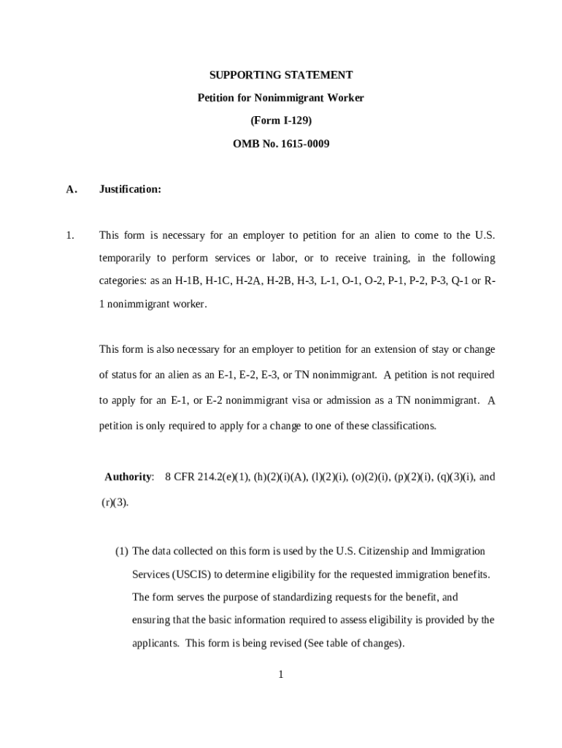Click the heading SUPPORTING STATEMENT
(281, 75)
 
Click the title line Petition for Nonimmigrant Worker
(281, 98)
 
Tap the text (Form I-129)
(281, 121)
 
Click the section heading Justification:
(130, 189)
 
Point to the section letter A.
(71, 189)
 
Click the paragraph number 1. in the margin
(70, 235)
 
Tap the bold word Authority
(128, 477)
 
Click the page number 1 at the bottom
(280, 674)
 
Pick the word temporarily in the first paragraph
(125, 258)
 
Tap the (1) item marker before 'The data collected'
(121, 551)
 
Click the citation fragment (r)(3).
(115, 503)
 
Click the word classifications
(404, 425)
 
